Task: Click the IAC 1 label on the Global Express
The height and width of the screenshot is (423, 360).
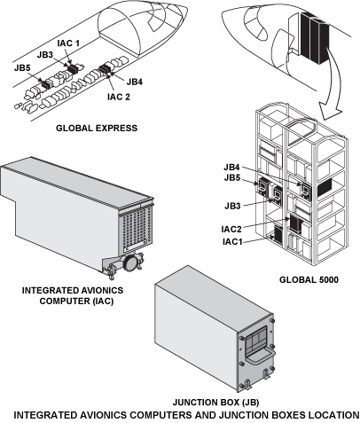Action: point(68,43)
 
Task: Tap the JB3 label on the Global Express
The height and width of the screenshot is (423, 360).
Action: point(45,55)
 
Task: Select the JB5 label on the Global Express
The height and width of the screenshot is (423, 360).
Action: point(22,67)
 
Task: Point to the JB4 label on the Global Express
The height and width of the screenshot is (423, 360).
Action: point(135,82)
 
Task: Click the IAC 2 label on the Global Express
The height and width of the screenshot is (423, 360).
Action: point(119,97)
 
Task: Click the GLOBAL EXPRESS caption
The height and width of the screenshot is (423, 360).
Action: point(97,128)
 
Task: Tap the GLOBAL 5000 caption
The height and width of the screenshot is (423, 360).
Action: point(309,279)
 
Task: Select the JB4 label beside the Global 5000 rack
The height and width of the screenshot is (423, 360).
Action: point(231,167)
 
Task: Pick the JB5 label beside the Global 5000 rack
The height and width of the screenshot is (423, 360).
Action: point(232,178)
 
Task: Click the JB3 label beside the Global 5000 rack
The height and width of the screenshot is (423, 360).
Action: point(232,206)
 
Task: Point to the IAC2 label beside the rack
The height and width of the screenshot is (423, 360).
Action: point(231,229)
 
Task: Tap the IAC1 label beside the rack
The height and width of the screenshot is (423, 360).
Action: point(232,241)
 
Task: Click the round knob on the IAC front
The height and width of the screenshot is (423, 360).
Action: point(129,262)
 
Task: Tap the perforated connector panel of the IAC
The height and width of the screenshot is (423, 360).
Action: point(136,230)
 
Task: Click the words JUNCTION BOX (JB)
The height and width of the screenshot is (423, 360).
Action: point(215,403)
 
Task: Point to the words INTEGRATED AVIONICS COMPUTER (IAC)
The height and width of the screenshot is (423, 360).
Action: point(73,295)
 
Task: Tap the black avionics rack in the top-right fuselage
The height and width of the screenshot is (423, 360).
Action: point(314,38)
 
